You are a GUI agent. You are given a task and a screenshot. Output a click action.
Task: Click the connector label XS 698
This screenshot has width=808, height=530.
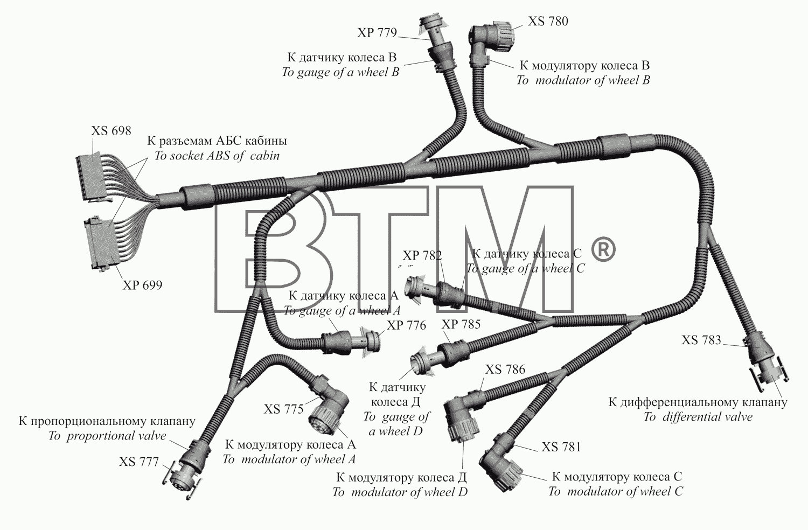[111, 130]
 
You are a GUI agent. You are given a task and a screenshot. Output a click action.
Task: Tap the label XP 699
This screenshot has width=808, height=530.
[143, 285]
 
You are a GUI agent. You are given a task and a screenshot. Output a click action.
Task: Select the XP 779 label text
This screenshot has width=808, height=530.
[377, 33]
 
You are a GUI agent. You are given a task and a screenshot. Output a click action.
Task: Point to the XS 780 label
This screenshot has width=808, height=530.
[548, 22]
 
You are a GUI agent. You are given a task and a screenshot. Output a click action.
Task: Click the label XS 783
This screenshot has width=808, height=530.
[701, 340]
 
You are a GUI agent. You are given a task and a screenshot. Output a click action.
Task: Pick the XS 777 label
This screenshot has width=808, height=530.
[139, 462]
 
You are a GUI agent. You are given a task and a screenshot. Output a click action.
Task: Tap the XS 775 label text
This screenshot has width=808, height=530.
[283, 409]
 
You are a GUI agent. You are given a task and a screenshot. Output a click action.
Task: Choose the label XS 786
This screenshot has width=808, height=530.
[505, 369]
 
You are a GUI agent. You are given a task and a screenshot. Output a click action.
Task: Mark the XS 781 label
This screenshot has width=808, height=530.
[561, 447]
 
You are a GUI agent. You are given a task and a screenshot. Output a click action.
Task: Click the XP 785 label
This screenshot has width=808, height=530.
[461, 324]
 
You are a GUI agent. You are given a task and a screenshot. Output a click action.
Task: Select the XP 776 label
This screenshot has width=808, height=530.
[407, 325]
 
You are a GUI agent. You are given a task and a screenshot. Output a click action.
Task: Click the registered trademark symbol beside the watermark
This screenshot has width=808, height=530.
[603, 250]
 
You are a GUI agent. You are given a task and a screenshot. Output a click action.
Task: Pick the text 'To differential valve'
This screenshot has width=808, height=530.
[698, 417]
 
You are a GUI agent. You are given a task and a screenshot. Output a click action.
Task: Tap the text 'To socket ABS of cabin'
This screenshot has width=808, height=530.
[217, 156]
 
